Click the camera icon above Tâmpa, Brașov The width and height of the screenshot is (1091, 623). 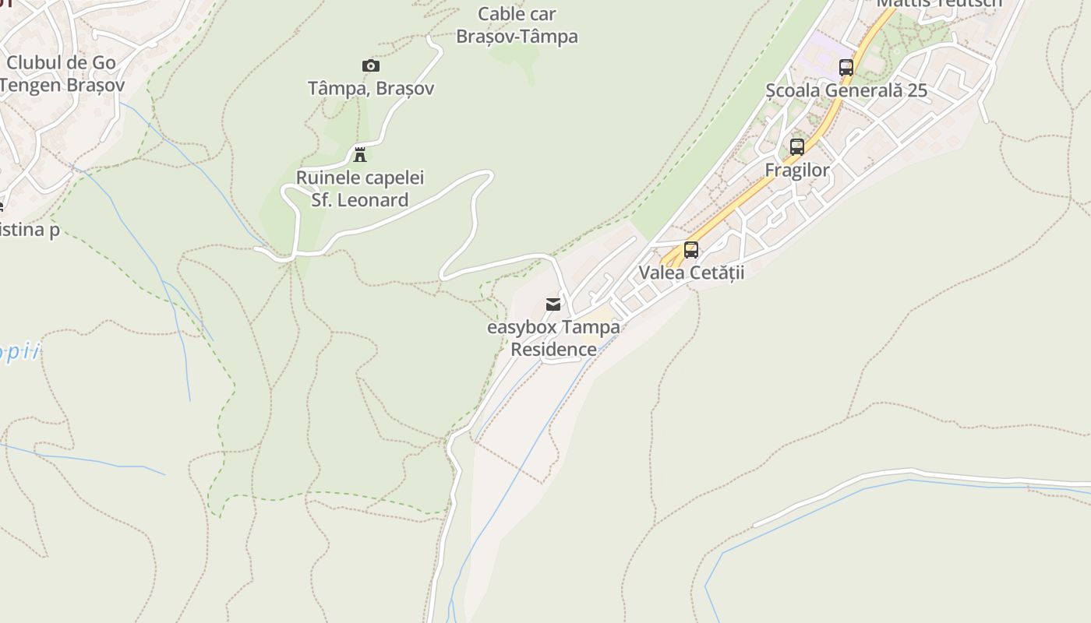coord(371,65)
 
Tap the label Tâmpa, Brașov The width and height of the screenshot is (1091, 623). coord(371,89)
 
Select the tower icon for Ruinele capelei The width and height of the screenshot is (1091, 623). coord(360,154)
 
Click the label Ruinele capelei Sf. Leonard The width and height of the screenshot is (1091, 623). coord(360,189)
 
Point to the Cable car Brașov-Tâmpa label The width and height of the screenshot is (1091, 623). coord(517,25)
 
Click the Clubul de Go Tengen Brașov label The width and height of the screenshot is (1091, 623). coord(61,74)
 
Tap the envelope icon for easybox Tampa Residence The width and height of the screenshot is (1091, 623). coord(553,304)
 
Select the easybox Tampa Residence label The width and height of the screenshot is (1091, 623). coord(553,338)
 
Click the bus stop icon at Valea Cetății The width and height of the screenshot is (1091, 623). coord(691,250)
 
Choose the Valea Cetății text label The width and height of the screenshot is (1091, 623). coord(691,273)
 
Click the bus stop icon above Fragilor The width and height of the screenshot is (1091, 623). coord(797,146)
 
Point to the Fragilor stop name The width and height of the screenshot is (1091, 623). coord(797,170)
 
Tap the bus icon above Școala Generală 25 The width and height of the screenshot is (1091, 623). coord(846,68)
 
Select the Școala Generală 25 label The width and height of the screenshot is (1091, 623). coord(846,90)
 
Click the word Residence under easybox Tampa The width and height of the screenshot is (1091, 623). coord(553,350)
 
